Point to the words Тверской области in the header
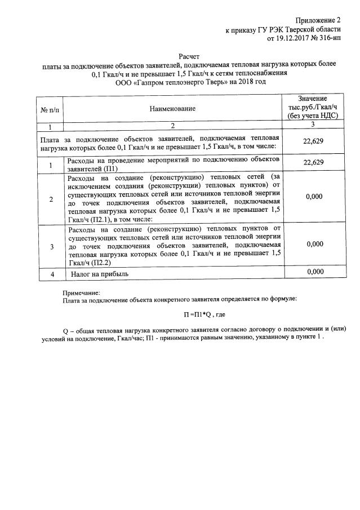313,28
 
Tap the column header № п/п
50,108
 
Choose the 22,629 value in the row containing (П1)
313,163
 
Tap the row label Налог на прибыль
100,274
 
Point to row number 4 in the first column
52,274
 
